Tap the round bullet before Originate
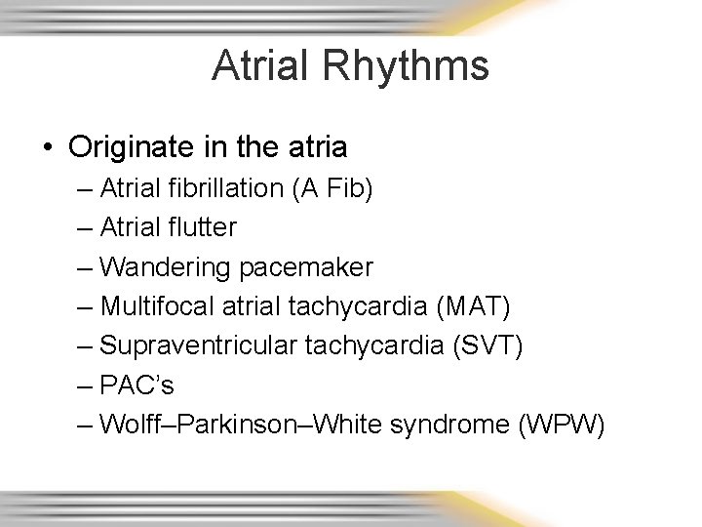coord(48,148)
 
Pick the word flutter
coord(201,227)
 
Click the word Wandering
coord(159,266)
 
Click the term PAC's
coord(136,385)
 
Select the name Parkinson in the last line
coord(234,425)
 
